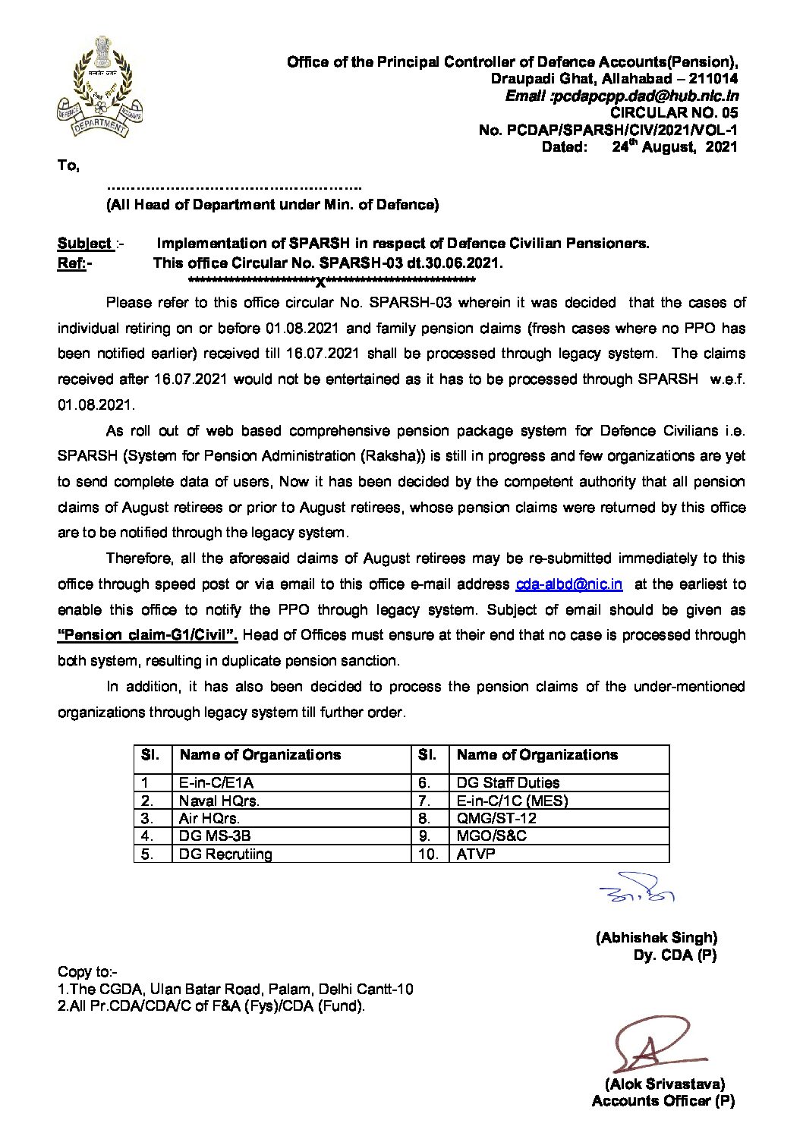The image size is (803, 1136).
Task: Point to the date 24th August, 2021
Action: pos(674,147)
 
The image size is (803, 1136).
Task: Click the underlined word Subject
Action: pos(84,244)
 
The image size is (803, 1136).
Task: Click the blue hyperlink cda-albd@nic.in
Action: pos(568,584)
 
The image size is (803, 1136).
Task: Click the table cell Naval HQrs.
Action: pos(219,801)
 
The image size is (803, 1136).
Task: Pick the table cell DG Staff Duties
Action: pos(508,782)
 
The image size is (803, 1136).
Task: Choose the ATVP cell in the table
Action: pos(476,854)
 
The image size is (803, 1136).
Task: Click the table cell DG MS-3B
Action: pos(215,835)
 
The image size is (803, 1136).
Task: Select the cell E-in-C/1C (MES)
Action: pos(512,801)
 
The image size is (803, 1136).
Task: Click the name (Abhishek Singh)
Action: pos(656,938)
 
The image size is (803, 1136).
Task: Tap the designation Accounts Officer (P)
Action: pos(663,1101)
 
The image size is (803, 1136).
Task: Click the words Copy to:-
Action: pos(87,972)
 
